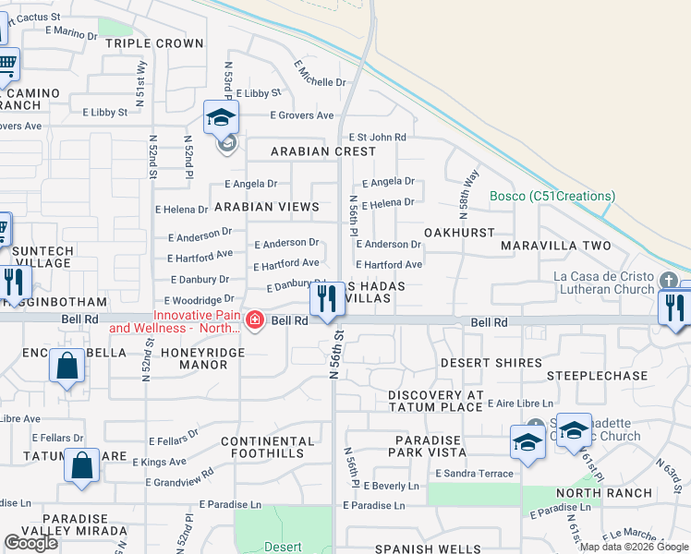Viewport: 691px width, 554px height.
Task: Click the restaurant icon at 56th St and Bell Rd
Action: [325, 299]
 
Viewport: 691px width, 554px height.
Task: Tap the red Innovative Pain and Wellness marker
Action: [254, 320]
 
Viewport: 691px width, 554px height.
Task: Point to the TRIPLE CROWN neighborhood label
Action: [153, 43]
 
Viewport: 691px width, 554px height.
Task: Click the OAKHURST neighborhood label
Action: [459, 233]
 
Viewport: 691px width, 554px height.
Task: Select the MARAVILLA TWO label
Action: [556, 246]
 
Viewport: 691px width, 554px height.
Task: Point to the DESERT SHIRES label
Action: [491, 363]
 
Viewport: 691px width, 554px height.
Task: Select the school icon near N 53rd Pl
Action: [222, 117]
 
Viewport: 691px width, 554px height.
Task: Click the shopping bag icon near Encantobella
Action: [67, 366]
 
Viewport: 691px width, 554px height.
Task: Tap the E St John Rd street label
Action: [376, 137]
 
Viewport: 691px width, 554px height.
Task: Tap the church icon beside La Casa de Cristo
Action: [669, 278]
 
